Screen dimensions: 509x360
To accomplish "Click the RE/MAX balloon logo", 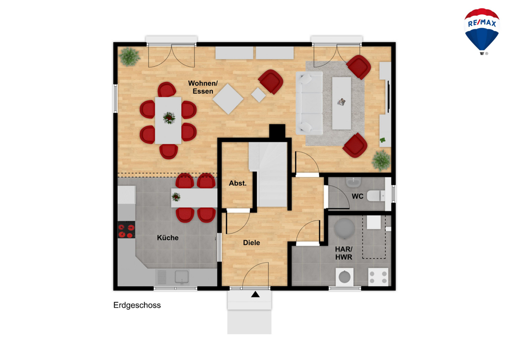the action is click(482, 32).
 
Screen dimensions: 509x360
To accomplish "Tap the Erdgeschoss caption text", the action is click(137, 305).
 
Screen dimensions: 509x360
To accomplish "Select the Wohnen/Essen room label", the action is click(203, 87).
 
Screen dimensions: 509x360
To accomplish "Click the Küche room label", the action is click(167, 238).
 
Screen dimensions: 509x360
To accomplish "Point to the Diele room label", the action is click(251, 242).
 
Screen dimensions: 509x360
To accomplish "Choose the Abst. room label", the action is click(238, 183).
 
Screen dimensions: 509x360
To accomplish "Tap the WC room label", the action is click(357, 197).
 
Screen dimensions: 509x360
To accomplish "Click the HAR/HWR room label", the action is click(344, 253).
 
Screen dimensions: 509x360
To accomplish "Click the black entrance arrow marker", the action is click(256, 294).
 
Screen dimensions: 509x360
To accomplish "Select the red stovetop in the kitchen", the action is click(126, 230).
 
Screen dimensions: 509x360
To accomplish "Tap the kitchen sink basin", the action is click(182, 277).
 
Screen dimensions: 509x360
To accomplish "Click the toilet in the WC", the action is click(376, 196).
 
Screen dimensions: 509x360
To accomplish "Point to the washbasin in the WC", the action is click(353, 182).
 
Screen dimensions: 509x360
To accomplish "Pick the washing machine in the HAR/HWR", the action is click(345, 277).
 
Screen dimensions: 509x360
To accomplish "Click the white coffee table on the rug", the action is click(342, 103).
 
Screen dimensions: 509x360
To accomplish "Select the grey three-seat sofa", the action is click(309, 103).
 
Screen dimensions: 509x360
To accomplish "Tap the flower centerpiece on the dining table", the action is click(169, 118).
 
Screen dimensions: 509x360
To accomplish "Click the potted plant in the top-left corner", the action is click(129, 57).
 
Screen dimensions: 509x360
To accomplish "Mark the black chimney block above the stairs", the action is click(277, 132).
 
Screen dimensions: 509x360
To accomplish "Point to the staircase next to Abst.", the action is click(268, 174).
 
